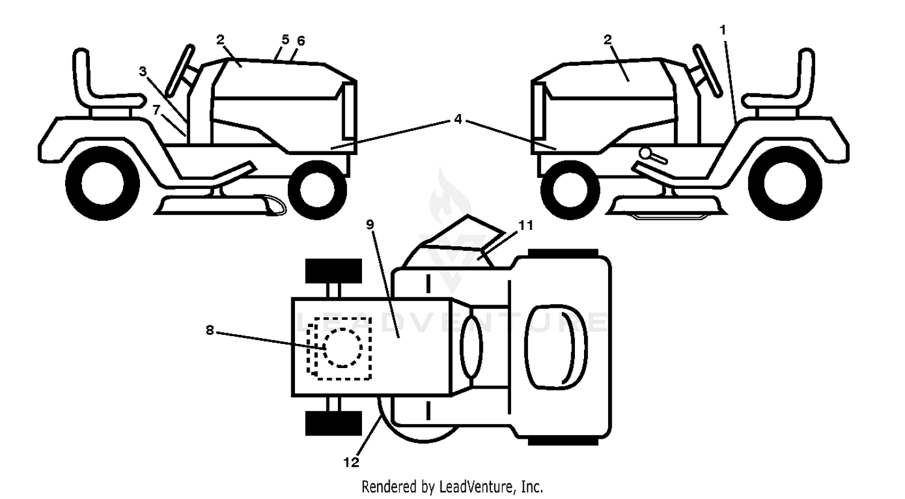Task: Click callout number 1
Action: click(723, 30)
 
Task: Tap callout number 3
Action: click(142, 71)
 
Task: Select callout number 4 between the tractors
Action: click(458, 119)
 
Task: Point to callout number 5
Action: click(285, 40)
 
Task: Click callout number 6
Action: click(301, 41)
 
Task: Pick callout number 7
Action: click(157, 109)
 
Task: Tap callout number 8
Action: click(210, 330)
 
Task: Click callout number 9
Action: click(370, 224)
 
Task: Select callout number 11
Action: click(526, 225)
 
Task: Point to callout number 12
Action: click(351, 462)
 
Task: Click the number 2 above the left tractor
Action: click(220, 40)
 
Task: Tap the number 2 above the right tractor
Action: click(608, 39)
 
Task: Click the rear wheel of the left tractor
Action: click(103, 183)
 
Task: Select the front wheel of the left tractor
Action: click(317, 190)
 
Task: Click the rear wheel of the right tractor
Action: click(785, 183)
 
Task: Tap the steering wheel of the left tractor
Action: click(180, 72)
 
